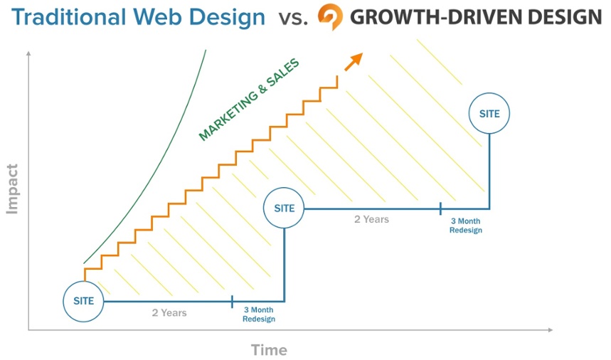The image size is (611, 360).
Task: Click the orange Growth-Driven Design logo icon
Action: click(x=330, y=16)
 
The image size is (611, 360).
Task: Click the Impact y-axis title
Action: click(x=12, y=189)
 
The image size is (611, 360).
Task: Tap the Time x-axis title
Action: click(x=269, y=350)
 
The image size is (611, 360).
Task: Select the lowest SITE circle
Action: click(x=83, y=301)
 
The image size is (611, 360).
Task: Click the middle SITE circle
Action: click(x=284, y=208)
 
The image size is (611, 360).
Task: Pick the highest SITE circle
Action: click(x=489, y=113)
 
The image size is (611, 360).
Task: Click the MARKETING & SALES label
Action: click(x=249, y=100)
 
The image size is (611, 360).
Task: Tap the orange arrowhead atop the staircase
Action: click(x=354, y=61)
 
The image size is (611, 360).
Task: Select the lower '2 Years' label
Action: click(x=169, y=313)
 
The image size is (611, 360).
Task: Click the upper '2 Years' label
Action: click(x=371, y=219)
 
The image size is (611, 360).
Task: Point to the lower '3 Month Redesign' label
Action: click(x=258, y=314)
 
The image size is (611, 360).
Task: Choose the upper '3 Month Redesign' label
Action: click(x=465, y=226)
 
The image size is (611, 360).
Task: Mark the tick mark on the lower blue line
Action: click(x=233, y=302)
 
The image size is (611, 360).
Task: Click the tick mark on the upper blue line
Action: click(x=440, y=208)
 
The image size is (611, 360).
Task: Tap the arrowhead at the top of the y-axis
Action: click(x=29, y=54)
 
